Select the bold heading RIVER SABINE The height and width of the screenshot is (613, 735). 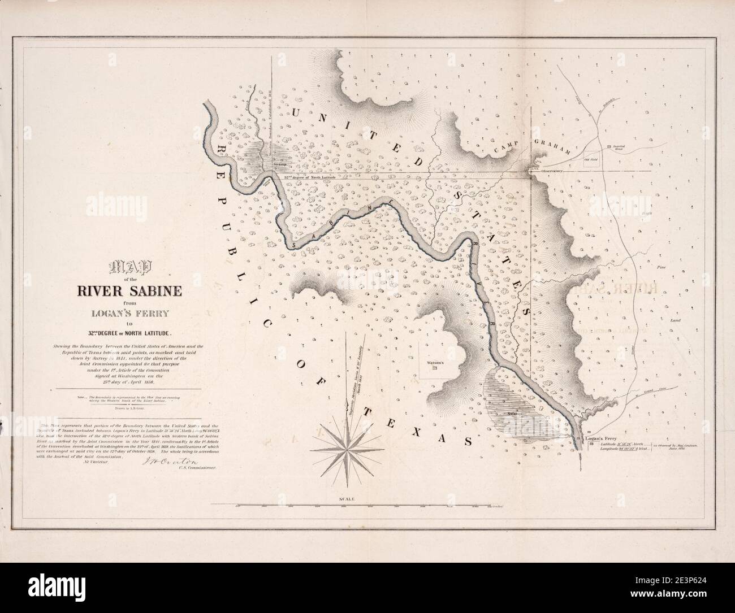pyautogui.click(x=133, y=292)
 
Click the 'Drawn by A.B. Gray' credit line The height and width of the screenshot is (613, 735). pyautogui.click(x=133, y=407)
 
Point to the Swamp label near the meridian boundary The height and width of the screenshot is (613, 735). pyautogui.click(x=279, y=166)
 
